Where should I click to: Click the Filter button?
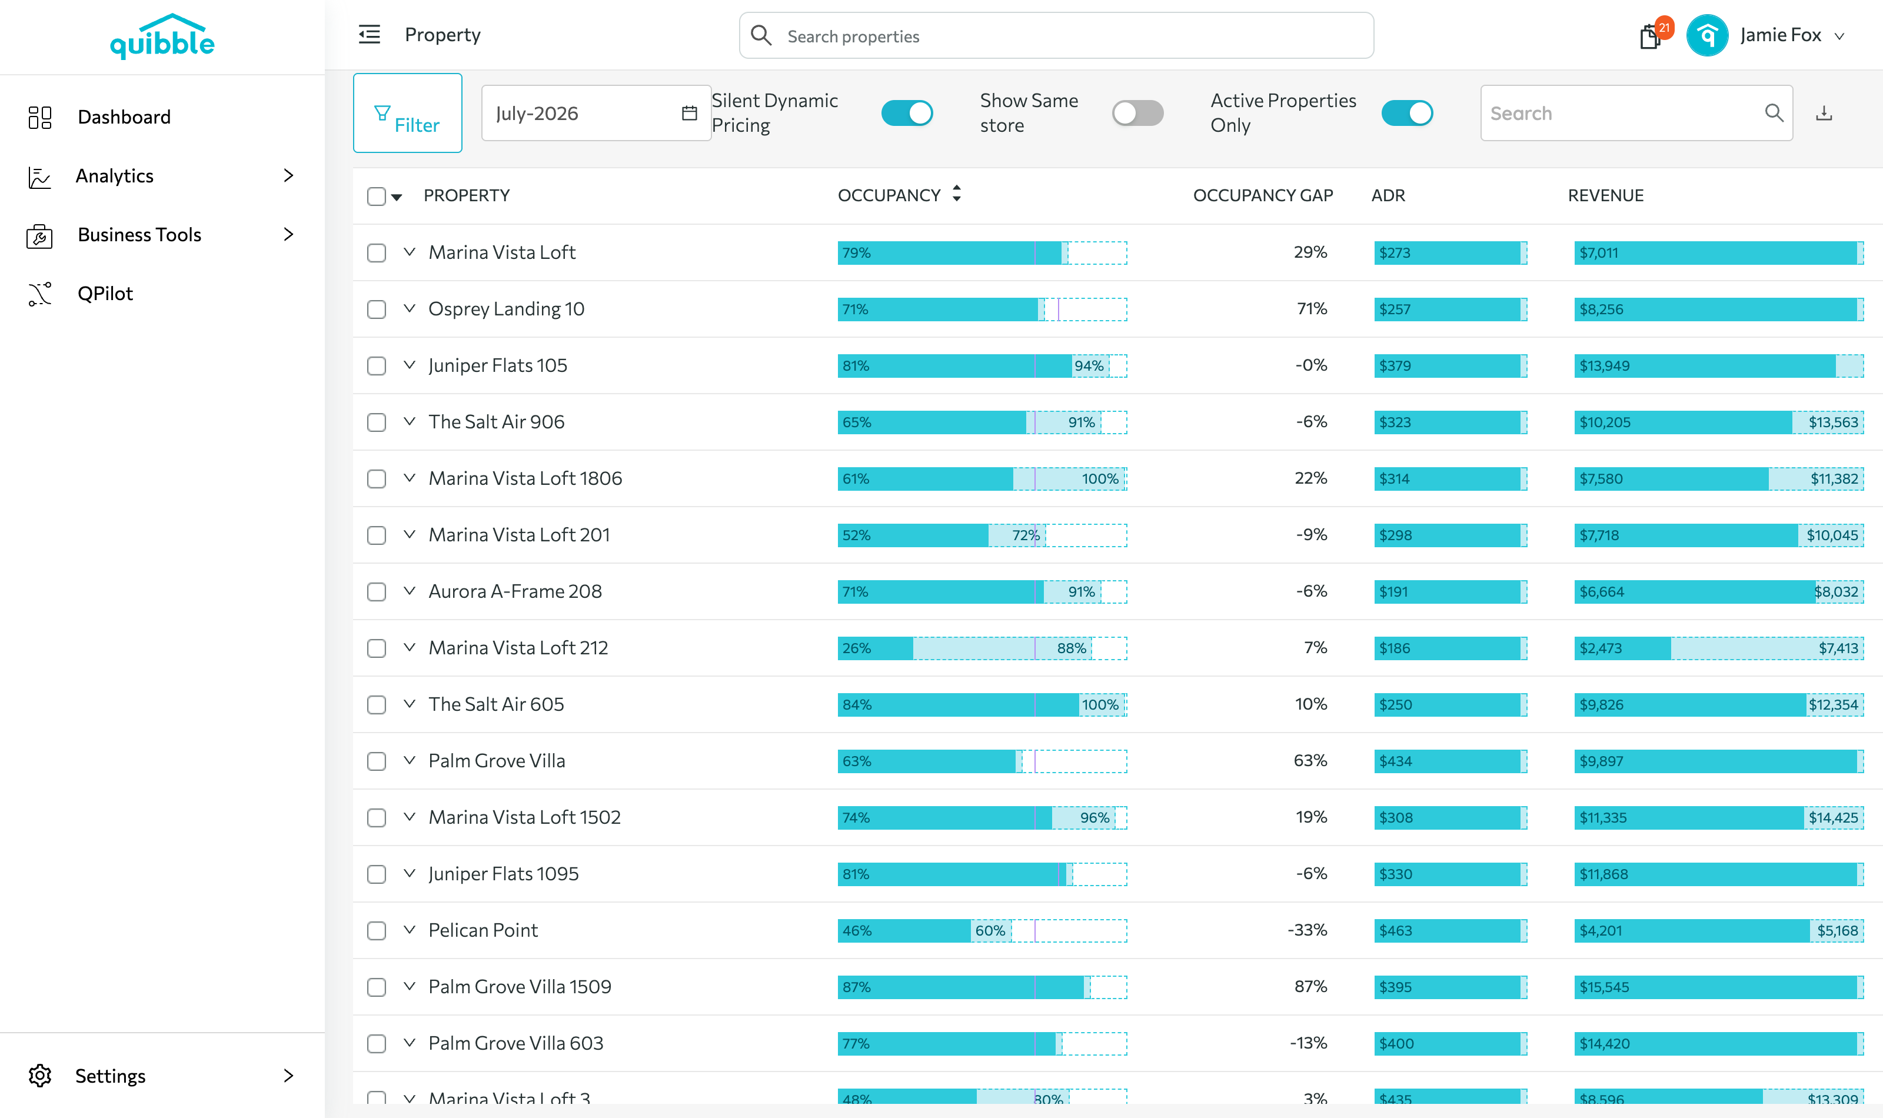click(407, 113)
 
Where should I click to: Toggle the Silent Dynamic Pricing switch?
click(907, 113)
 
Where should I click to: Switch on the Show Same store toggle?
click(1137, 113)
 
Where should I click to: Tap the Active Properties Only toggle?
click(1407, 113)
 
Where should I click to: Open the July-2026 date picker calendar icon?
click(689, 113)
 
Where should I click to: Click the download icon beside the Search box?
click(1824, 113)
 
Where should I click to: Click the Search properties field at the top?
click(1056, 35)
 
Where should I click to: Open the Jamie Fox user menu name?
click(1781, 35)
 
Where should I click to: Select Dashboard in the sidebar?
click(124, 117)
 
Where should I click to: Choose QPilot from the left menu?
click(105, 293)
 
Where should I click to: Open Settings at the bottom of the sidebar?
click(111, 1076)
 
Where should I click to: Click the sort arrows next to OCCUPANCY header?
click(957, 194)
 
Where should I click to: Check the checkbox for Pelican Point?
click(377, 930)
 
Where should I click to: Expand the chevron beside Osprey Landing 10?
click(409, 308)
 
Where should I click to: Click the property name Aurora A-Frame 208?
click(515, 591)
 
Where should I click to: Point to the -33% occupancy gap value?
click(1308, 930)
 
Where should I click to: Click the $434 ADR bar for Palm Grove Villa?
click(1450, 761)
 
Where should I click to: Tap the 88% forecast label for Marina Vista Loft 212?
click(1071, 648)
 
